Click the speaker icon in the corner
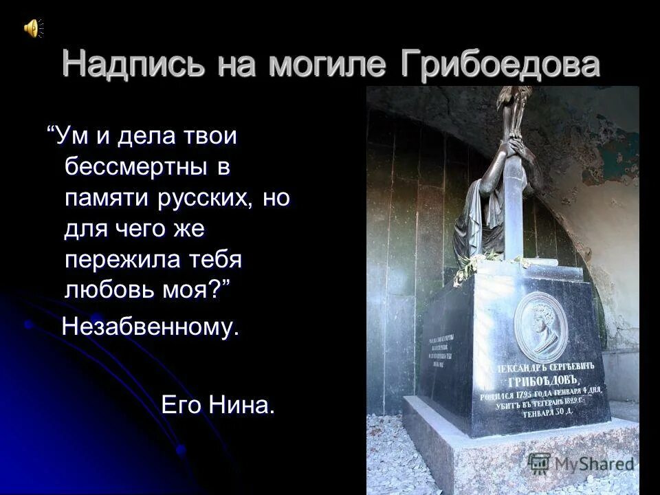tap(32, 27)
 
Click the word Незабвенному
tap(151, 327)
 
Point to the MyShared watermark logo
tap(581, 463)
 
